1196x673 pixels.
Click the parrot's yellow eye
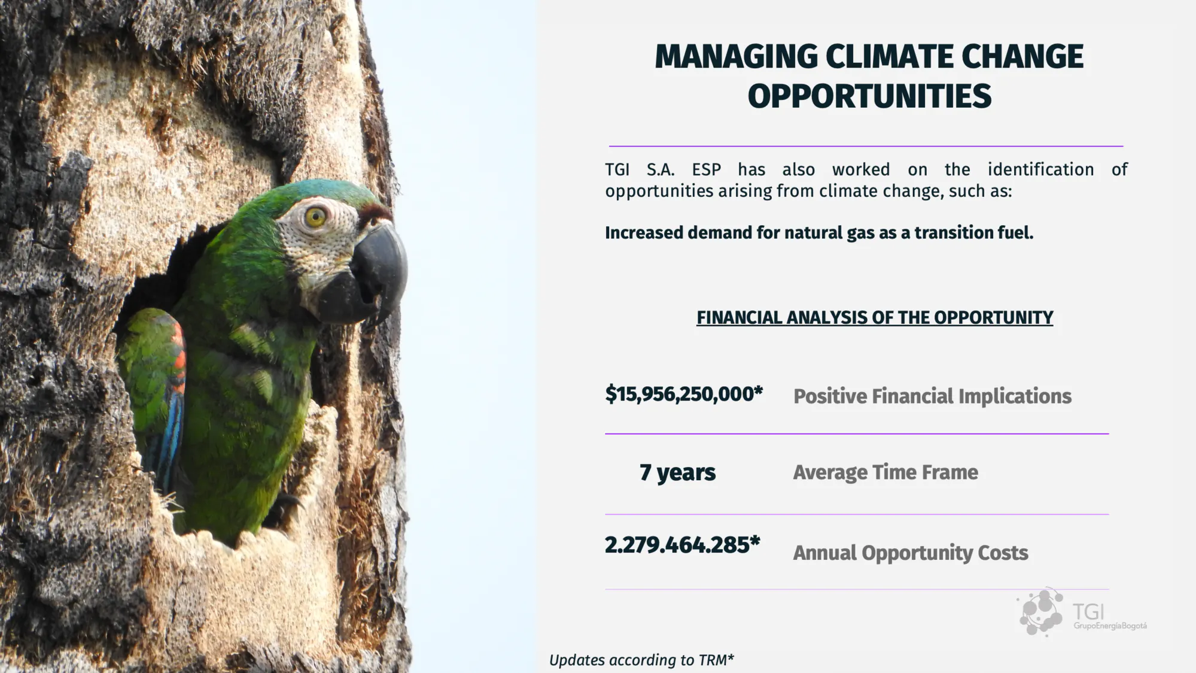(315, 217)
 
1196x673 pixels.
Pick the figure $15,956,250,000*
(684, 394)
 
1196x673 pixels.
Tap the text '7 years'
(677, 472)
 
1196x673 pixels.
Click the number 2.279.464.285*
(682, 545)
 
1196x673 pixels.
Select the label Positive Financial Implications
(932, 396)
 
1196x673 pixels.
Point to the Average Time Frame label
(885, 472)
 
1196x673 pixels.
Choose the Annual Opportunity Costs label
(911, 553)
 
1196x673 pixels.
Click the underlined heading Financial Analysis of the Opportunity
(875, 318)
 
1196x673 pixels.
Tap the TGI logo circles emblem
(1040, 611)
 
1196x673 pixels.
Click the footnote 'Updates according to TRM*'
(641, 660)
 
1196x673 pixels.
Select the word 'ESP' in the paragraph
(707, 170)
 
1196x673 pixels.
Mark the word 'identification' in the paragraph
(1040, 169)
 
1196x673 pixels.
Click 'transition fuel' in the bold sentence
(974, 233)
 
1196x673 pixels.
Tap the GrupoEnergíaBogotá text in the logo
(1110, 626)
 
